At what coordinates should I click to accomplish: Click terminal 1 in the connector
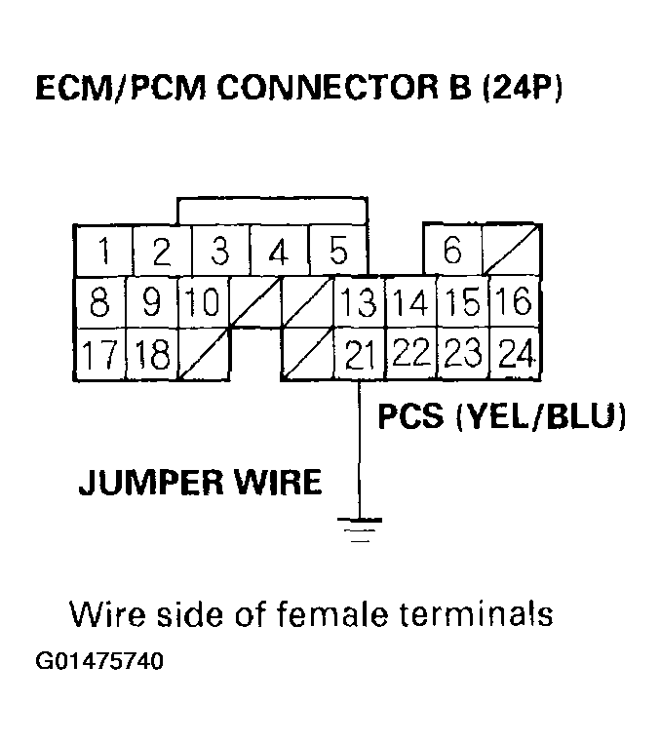click(x=103, y=252)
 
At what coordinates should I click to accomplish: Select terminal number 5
click(x=338, y=252)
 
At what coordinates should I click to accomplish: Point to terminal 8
click(x=99, y=303)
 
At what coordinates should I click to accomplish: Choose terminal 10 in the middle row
click(x=204, y=303)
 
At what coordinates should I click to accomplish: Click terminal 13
click(x=360, y=303)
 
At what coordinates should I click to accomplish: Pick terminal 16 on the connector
click(x=514, y=303)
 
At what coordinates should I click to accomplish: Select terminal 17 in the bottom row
click(x=99, y=353)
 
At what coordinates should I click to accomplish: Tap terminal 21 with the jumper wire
click(x=360, y=355)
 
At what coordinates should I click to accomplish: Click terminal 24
click(x=514, y=355)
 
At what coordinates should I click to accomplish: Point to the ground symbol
click(x=360, y=528)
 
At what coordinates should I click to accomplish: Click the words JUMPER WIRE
click(x=200, y=482)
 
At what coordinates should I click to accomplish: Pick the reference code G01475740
click(x=99, y=662)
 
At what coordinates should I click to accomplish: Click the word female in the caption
click(x=336, y=616)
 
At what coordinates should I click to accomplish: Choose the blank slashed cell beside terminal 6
click(x=513, y=251)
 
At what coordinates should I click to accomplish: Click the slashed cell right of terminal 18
click(x=204, y=355)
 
